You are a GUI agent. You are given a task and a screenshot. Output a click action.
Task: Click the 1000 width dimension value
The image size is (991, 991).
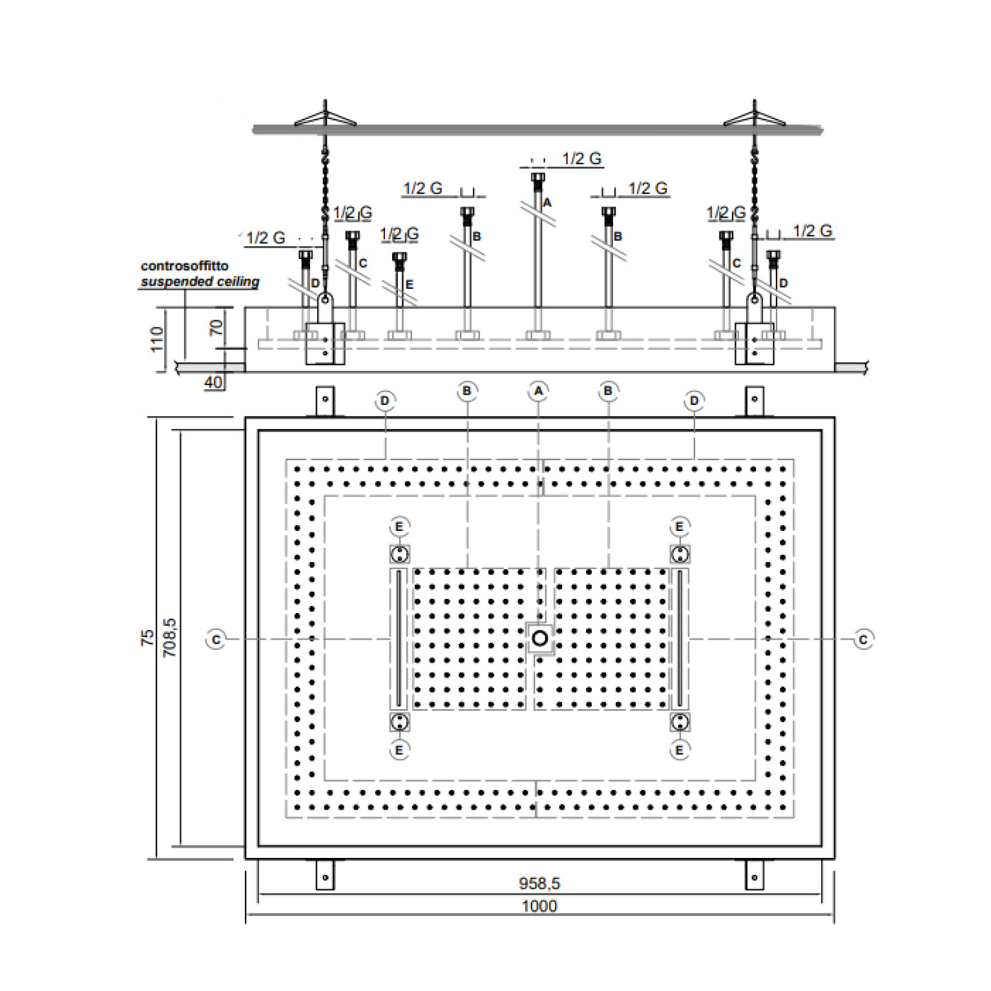[539, 906]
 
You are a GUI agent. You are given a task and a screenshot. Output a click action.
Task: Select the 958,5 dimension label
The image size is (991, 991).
[539, 882]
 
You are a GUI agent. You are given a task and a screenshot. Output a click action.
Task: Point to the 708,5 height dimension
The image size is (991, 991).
[169, 638]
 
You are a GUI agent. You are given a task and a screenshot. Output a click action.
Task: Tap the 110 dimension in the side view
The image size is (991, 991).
[157, 339]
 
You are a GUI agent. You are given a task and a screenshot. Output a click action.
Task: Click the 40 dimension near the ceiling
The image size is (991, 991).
[213, 382]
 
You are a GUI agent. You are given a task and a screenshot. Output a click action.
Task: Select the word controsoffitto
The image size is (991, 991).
[185, 266]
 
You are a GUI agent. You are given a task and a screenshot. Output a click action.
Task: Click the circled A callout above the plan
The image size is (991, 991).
[538, 391]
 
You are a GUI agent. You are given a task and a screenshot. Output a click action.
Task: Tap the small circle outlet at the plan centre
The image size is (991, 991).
[539, 639]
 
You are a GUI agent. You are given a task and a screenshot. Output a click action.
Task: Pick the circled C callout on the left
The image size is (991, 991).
[216, 640]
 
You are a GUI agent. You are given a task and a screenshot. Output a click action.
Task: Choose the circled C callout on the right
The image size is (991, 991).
[863, 640]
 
